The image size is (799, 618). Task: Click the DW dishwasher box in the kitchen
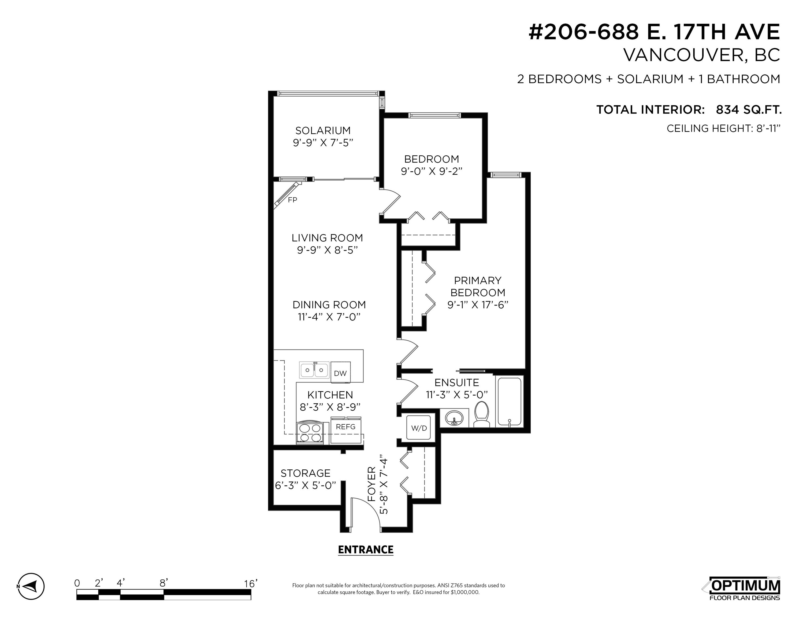340,373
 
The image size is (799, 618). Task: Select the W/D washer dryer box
419,428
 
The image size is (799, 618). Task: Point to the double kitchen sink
314,370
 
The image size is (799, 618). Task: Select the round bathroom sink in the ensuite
454,418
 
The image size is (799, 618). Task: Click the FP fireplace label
292,200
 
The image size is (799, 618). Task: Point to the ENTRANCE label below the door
366,550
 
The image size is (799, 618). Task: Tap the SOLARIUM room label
323,130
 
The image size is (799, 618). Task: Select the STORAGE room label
306,473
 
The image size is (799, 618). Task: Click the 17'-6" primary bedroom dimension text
492,305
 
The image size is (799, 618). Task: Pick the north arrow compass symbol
31,586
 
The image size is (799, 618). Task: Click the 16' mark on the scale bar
251,583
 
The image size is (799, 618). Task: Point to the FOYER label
371,484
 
